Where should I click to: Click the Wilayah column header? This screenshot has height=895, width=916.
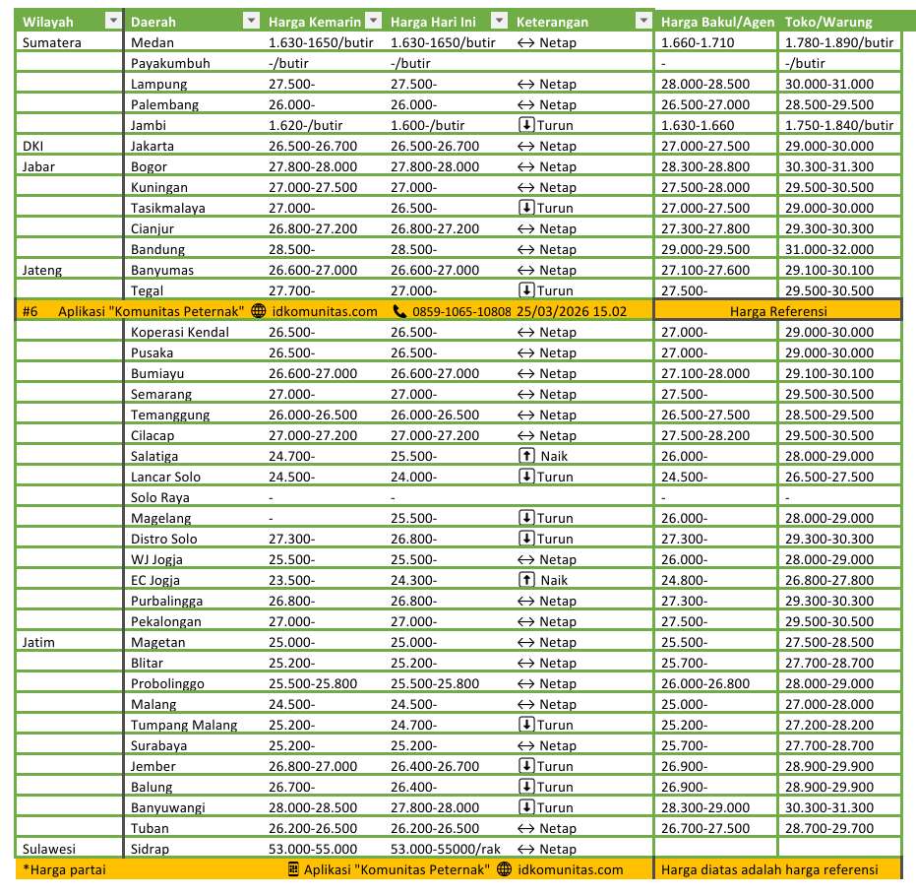[48, 22]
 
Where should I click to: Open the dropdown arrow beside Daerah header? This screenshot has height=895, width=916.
[251, 22]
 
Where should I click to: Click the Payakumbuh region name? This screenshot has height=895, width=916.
[170, 63]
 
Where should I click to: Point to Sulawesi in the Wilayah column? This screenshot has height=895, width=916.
[49, 849]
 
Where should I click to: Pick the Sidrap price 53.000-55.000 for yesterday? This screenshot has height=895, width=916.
[313, 849]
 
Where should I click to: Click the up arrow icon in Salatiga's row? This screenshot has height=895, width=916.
[526, 456]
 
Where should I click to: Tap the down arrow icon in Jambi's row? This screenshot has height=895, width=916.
[526, 125]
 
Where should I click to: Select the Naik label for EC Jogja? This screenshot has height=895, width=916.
[554, 580]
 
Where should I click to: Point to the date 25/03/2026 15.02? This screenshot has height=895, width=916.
[572, 311]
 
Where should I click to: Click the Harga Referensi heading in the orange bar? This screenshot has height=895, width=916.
[778, 311]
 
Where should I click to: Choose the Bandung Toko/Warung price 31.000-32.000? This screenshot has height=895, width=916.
[828, 249]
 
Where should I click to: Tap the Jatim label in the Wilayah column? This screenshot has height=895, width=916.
[38, 642]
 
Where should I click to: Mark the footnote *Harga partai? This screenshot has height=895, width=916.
[64, 869]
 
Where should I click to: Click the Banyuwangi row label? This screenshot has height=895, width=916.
[167, 807]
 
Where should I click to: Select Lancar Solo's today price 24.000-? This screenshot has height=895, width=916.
[413, 477]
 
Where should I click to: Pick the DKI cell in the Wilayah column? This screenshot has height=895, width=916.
[32, 146]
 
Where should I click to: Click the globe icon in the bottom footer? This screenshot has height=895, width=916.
[505, 869]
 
